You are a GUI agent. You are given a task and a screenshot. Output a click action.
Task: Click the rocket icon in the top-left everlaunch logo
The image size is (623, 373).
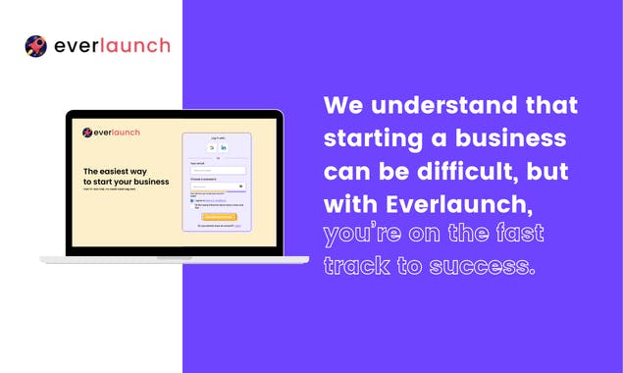pyautogui.click(x=35, y=46)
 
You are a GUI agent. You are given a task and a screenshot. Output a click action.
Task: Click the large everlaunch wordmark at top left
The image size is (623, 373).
pyautogui.click(x=112, y=46)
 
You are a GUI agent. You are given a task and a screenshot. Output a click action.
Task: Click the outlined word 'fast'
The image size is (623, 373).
pyautogui.click(x=513, y=235)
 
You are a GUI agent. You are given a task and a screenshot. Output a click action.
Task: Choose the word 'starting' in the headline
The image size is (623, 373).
pyautogui.click(x=371, y=138)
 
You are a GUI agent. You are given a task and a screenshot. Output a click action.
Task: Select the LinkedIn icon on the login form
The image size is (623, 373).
pyautogui.click(x=223, y=147)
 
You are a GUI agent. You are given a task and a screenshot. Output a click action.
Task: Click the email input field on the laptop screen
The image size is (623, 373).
pyautogui.click(x=217, y=170)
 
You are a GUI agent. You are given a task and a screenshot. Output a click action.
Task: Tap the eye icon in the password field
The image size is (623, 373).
pyautogui.click(x=241, y=186)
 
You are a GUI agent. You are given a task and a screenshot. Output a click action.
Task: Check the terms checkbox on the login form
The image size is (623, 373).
pyautogui.click(x=191, y=199)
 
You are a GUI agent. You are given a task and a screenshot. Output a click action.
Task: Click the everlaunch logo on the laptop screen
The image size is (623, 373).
pyautogui.click(x=112, y=133)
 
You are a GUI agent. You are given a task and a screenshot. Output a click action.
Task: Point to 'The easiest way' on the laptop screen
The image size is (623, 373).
pyautogui.click(x=115, y=171)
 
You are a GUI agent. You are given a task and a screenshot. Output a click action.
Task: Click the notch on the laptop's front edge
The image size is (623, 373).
pyautogui.click(x=174, y=258)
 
